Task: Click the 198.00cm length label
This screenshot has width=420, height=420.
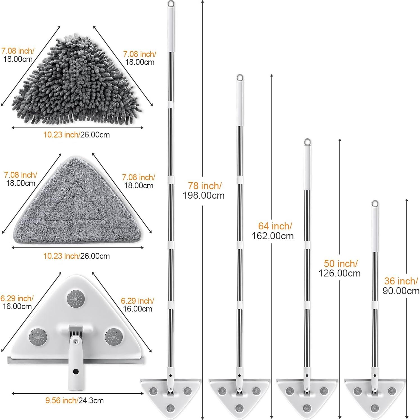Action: pos(204,195)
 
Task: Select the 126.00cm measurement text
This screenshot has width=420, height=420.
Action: pos(339,273)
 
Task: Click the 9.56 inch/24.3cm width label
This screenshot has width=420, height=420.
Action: pos(74,400)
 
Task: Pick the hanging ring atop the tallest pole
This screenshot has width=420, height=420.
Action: pos(171,4)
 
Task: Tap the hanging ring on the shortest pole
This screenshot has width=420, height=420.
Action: pos(374,204)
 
